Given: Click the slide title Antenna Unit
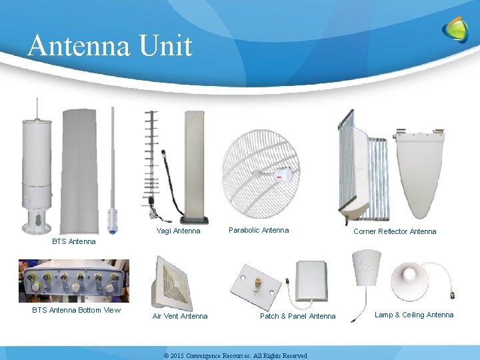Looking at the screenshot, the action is coord(110,45).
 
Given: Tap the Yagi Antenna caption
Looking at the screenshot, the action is coord(178,231).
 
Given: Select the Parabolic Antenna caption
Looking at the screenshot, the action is coord(259,230).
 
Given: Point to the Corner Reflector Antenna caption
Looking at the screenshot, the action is coord(395,231).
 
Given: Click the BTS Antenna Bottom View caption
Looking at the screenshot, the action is coord(77,310).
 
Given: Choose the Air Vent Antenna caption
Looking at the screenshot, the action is coord(180,316).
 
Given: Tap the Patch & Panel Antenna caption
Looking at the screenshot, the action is coord(297,316).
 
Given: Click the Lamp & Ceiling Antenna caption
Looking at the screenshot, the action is coord(414,315).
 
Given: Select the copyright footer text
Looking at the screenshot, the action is coord(235,356).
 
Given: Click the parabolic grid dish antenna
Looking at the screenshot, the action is coord(261,172).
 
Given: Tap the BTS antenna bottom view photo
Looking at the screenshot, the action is coord(74,281).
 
